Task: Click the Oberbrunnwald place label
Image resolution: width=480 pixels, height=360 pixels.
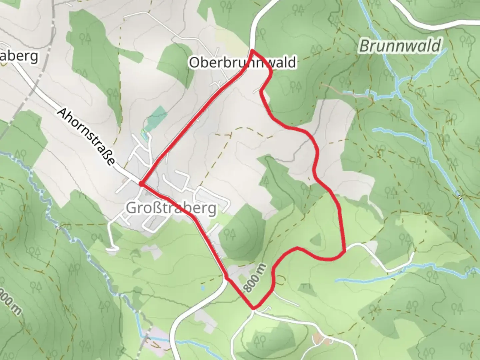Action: coord(242,62)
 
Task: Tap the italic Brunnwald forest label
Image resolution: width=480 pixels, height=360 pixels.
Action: coord(400,46)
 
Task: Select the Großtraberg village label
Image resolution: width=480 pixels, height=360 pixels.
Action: coord(171,208)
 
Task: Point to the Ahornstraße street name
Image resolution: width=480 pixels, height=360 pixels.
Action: coord(86,137)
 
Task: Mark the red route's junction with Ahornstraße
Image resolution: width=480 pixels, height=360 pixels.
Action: coord(141,184)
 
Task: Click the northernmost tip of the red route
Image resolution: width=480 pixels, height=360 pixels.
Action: coord(252,50)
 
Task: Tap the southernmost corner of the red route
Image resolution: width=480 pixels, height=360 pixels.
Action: coord(254,308)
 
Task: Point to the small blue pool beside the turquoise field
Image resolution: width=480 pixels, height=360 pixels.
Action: coord(144,135)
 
